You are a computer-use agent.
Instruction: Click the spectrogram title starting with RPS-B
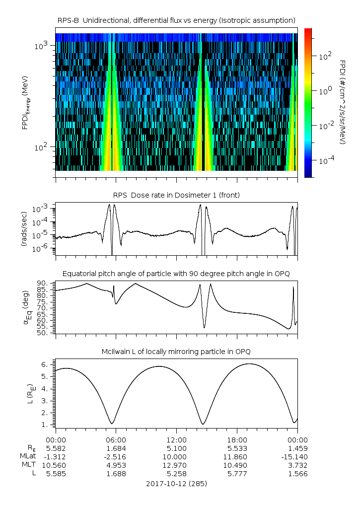coord(176,20)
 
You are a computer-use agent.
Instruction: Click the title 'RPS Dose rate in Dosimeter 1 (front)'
coord(176,195)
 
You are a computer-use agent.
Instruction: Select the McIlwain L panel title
coord(176,352)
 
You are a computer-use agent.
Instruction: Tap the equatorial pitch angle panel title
coord(176,274)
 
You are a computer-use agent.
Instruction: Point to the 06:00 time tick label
coord(116,440)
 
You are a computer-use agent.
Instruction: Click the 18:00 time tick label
coord(237,440)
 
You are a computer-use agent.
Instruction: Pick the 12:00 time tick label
coord(176,440)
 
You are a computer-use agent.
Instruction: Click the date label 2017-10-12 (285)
coord(176,483)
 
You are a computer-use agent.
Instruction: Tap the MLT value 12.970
coord(176,465)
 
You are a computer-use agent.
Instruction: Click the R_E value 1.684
coord(116,448)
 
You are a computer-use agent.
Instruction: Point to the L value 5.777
coord(237,474)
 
